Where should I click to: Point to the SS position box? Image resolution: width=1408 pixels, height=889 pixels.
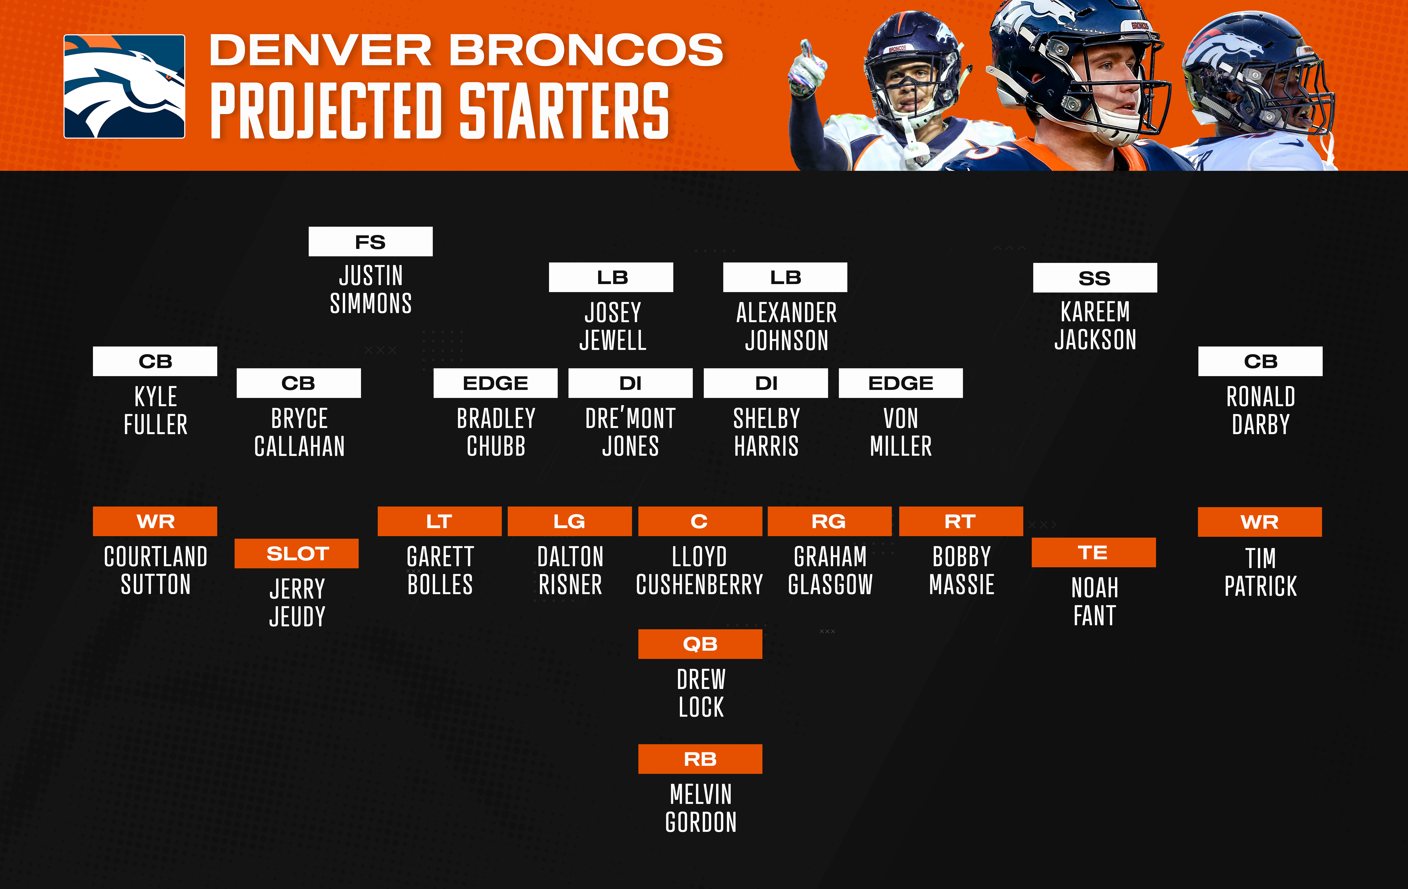click(1095, 278)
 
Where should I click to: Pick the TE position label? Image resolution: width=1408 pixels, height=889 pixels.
click(1093, 552)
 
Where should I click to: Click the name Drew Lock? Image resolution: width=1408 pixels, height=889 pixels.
click(700, 693)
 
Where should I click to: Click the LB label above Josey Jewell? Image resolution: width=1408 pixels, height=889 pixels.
click(611, 277)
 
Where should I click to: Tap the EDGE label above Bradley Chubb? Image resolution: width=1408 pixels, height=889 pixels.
click(495, 383)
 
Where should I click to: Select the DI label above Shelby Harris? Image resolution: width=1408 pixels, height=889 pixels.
click(766, 383)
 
